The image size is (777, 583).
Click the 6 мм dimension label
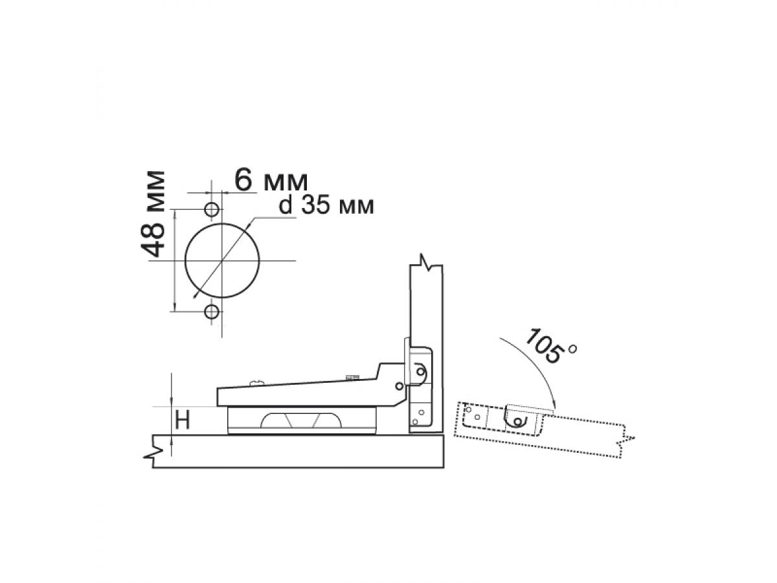(271, 181)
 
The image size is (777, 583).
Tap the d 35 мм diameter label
(326, 205)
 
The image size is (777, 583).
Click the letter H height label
(183, 420)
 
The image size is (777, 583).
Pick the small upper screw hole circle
(212, 209)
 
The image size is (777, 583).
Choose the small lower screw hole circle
(212, 312)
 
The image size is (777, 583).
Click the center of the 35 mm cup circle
(222, 260)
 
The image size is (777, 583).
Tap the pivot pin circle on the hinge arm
(399, 386)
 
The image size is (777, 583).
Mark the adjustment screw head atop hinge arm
(256, 382)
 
